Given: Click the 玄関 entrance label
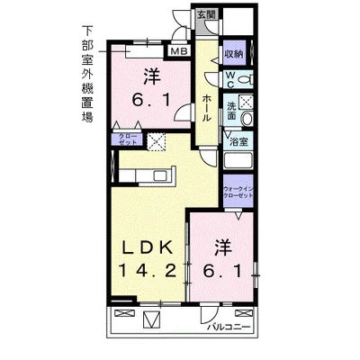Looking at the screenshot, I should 206,15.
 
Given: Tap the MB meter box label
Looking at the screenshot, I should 179,51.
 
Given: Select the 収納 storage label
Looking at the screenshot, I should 233,54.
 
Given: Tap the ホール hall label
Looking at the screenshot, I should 207,106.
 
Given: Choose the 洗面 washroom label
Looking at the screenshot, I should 232,111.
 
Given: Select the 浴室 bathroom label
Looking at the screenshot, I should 238,141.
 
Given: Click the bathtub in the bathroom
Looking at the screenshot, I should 240,163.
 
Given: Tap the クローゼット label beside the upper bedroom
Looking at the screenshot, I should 125,139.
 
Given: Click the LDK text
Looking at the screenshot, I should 143,245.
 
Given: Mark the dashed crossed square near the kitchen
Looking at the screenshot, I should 157,141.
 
